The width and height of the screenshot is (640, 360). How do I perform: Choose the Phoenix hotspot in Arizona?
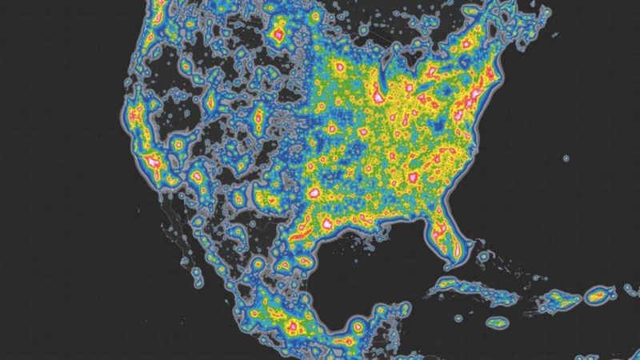[x=197, y=175]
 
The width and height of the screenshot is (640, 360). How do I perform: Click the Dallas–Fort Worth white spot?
[x=314, y=193]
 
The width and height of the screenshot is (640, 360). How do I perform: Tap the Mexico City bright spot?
[x=291, y=326]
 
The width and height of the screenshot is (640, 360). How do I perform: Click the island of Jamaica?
[x=497, y=323]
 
